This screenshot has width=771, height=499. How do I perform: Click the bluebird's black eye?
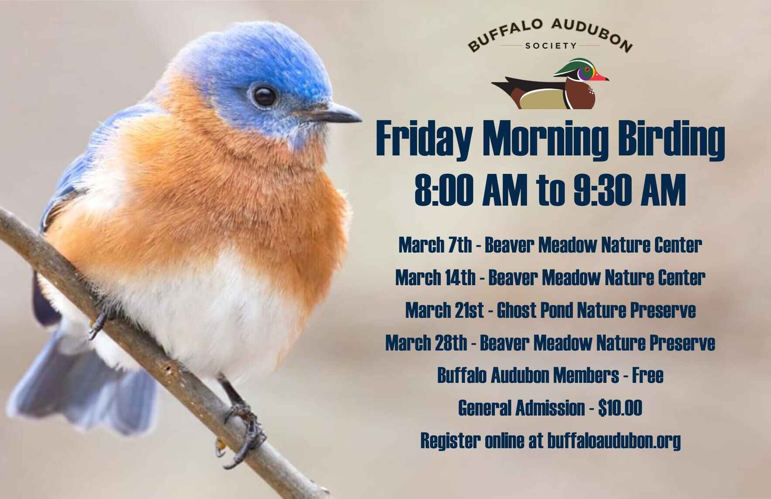tap(265, 96)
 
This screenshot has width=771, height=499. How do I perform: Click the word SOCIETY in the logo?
tap(551, 45)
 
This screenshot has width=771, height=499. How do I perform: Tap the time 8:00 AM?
tap(470, 190)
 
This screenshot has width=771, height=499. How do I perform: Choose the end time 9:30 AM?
tap(630, 190)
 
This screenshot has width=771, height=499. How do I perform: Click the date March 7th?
tap(435, 245)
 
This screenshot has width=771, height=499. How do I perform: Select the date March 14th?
tap(435, 278)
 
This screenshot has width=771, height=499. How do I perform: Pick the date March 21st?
tap(444, 310)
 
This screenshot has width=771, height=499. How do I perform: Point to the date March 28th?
tap(426, 343)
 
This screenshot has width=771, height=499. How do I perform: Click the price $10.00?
tap(620, 408)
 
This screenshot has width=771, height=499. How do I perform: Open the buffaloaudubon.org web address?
tap(613, 441)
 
